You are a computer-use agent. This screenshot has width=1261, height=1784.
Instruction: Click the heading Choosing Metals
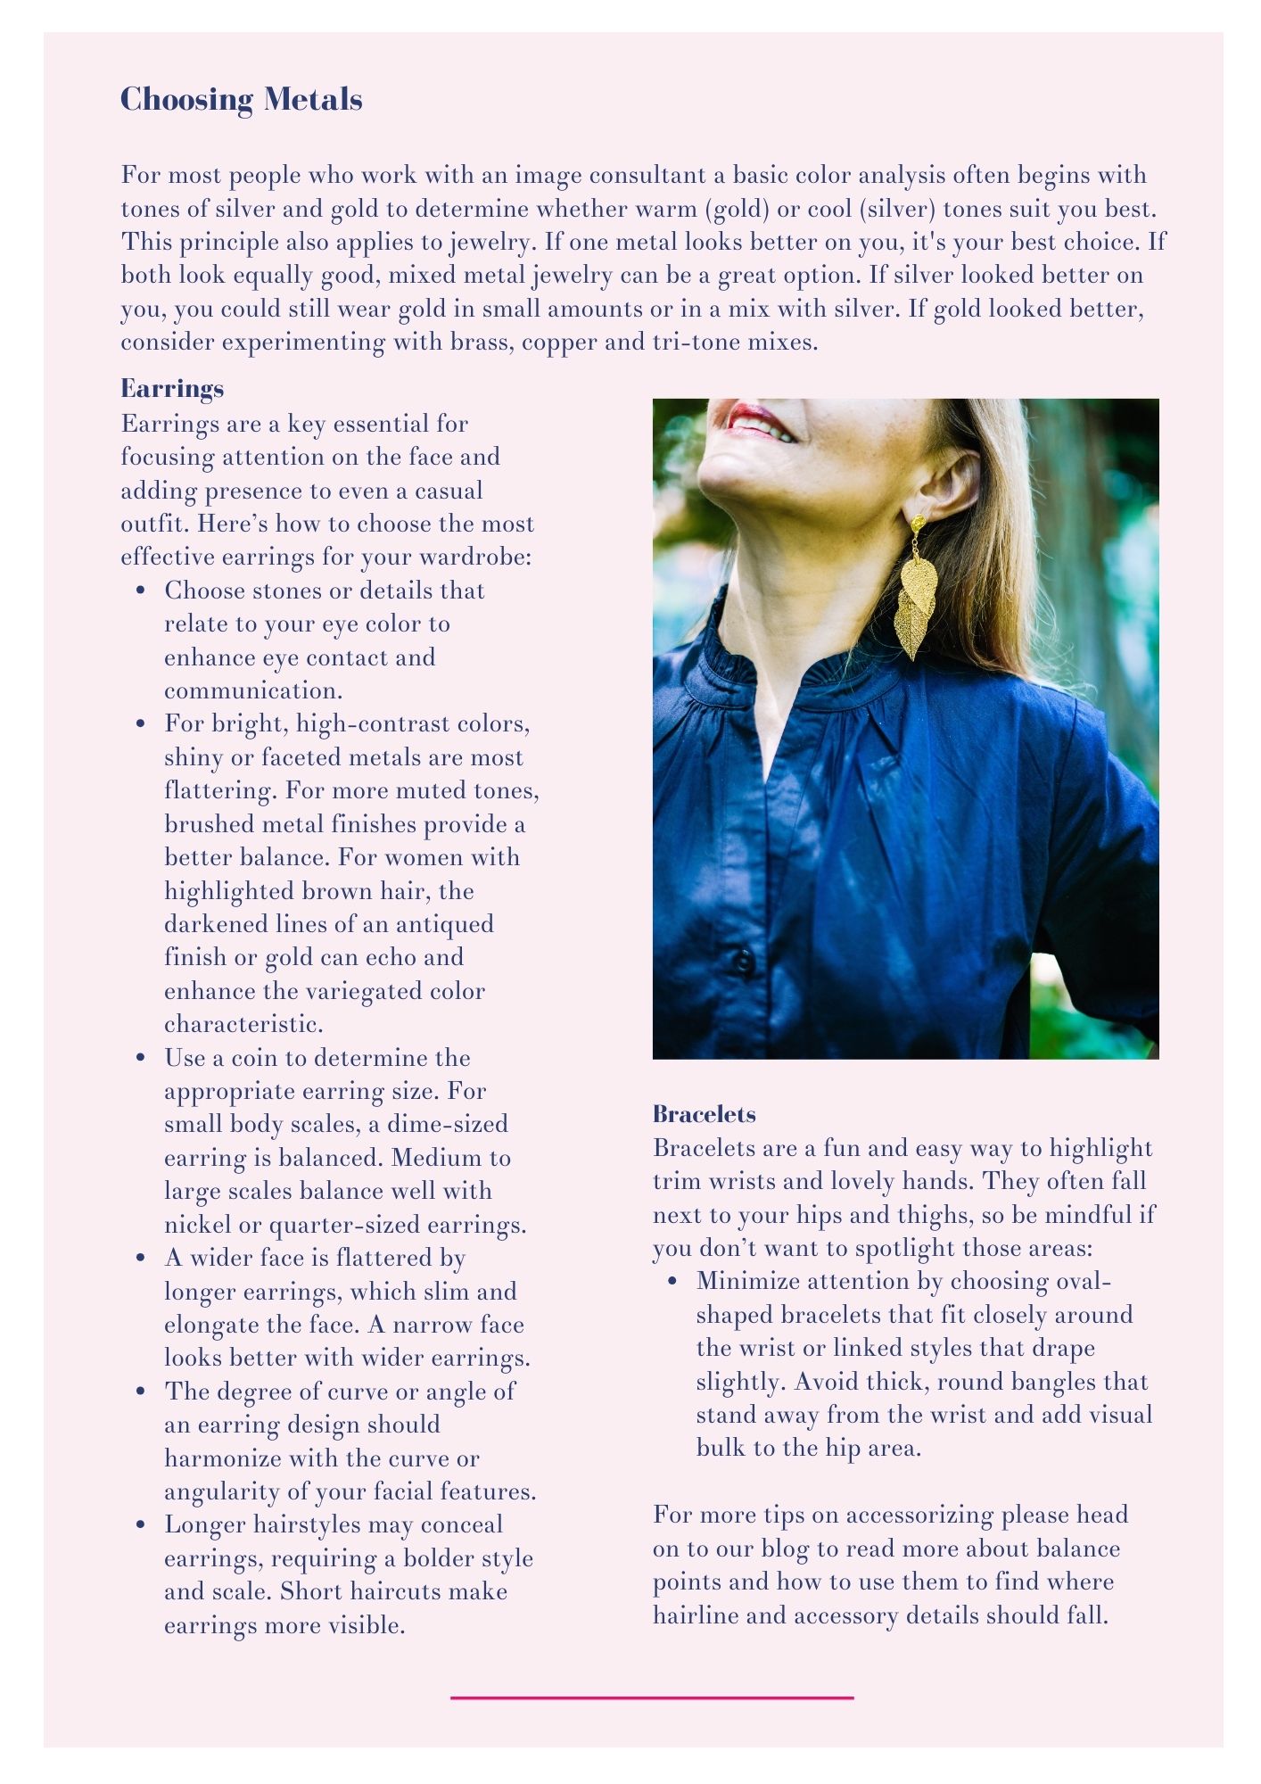pos(241,99)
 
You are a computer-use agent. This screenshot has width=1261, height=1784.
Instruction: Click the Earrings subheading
pos(172,389)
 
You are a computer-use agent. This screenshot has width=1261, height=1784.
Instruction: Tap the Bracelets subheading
pos(704,1114)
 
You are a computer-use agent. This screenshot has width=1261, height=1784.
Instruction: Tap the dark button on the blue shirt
pos(743,962)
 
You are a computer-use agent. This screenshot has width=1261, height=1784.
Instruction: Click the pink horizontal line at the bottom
pos(652,1697)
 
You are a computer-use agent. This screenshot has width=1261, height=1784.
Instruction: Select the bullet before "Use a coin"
pos(141,1058)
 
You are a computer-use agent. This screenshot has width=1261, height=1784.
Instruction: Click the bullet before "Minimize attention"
pos(673,1282)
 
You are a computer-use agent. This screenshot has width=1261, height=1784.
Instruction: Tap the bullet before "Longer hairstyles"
pos(141,1525)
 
